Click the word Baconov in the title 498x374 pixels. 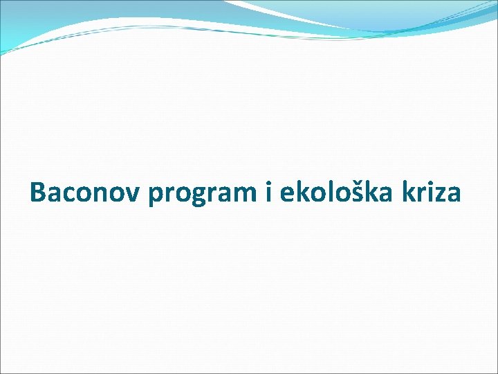tap(84, 193)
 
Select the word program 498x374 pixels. tap(201, 195)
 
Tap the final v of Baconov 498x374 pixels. tap(131, 194)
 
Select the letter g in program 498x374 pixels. tap(200, 197)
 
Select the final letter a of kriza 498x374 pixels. tap(452, 194)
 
